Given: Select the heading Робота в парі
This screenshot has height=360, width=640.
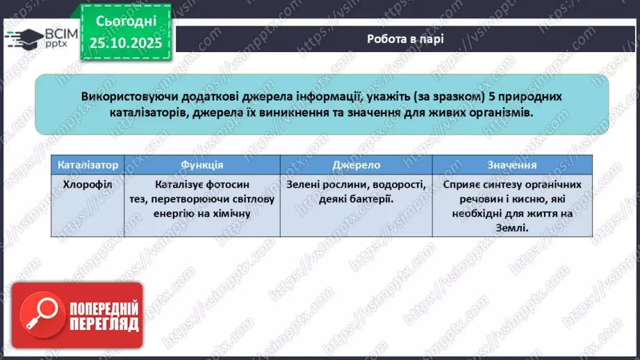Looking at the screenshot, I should click(x=405, y=38).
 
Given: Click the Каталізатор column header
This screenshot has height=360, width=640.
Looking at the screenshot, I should click(x=89, y=165).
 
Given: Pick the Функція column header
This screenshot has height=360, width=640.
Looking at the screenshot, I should click(x=202, y=165).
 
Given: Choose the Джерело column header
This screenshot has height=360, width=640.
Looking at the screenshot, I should click(x=356, y=165).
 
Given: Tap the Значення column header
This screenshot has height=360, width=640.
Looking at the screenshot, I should click(x=512, y=165).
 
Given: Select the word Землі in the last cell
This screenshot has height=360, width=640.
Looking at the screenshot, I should click(x=512, y=227).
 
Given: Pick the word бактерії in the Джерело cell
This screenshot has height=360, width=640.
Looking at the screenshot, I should click(x=362, y=199).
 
